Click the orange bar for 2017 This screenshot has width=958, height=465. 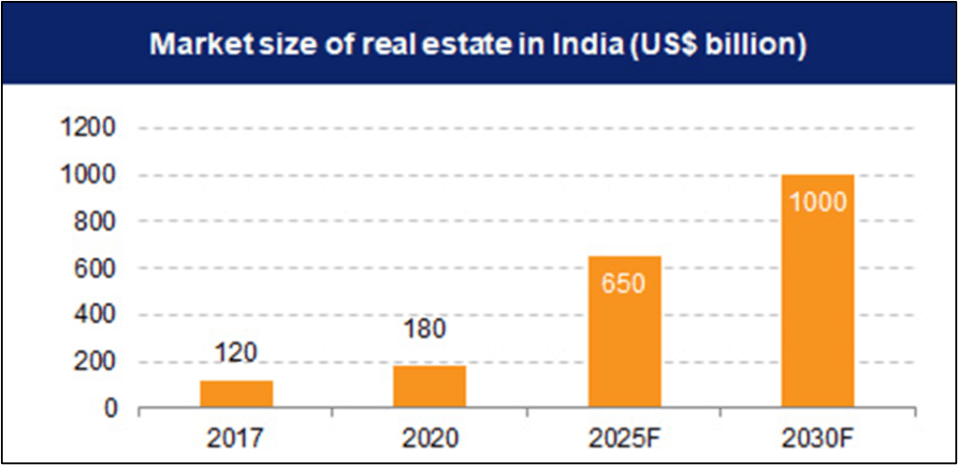[237, 394]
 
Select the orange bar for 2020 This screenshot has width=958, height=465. [429, 386]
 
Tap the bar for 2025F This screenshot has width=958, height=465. [623, 332]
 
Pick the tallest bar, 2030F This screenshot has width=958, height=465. [817, 291]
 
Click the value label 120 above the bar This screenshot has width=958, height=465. [236, 354]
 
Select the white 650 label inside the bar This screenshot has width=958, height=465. [623, 283]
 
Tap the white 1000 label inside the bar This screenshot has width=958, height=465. [817, 201]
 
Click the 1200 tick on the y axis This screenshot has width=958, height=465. [87, 128]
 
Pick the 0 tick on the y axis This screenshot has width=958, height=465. [109, 409]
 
